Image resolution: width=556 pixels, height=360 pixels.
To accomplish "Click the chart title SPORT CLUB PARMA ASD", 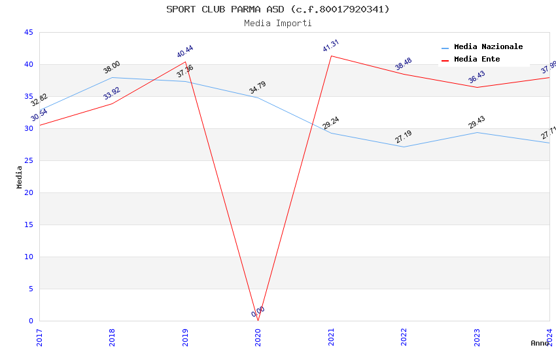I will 277,9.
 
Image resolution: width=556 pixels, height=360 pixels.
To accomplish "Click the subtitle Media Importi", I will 277,23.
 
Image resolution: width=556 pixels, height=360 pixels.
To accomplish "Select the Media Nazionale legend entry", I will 488,47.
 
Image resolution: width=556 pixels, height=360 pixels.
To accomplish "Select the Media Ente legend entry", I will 477,60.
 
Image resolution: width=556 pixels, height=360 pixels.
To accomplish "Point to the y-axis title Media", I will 20,177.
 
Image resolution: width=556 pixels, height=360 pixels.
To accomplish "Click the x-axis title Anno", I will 540,343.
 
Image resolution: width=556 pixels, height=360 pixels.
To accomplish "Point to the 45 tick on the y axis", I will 28,33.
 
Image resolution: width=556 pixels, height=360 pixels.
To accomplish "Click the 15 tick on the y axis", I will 28,225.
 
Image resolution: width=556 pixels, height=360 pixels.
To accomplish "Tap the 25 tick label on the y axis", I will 28,161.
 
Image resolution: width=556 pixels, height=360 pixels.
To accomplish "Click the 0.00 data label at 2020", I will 258,312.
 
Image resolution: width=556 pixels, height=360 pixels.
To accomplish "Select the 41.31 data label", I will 331,46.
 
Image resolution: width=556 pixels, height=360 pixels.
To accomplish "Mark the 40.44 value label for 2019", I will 185,52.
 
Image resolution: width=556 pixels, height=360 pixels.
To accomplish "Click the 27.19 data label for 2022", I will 404,137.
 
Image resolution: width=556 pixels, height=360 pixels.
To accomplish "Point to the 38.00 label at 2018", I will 112,67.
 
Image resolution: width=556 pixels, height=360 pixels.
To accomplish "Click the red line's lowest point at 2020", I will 258,321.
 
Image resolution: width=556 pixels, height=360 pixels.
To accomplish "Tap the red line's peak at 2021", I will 331,56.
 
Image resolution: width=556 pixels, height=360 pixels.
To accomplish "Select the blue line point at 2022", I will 404,147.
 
